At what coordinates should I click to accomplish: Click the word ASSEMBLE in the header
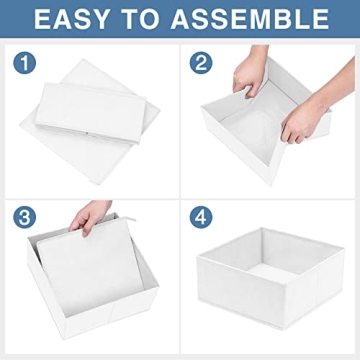click(x=254, y=18)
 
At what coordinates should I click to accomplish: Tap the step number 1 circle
click(x=22, y=63)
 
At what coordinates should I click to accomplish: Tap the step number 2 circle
click(x=203, y=63)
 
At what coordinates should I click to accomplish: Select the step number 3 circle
click(x=22, y=217)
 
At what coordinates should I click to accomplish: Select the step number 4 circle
click(x=203, y=217)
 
